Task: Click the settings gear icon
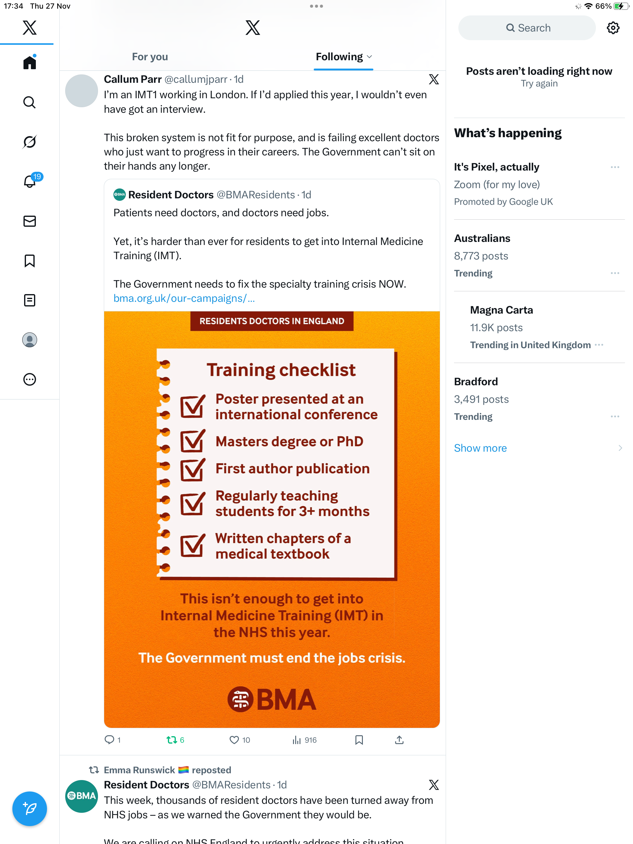click(x=613, y=28)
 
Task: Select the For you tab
click(x=150, y=57)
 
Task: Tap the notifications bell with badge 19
click(x=30, y=181)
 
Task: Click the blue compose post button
click(x=29, y=808)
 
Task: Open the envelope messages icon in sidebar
click(x=29, y=221)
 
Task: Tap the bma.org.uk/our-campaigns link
click(x=184, y=298)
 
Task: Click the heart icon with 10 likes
click(x=234, y=740)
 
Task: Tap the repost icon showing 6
click(x=172, y=740)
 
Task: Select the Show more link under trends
click(x=480, y=448)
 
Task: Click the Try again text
click(x=539, y=83)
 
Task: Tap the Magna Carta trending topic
click(x=501, y=310)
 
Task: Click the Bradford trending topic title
click(x=476, y=382)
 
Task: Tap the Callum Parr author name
click(x=133, y=79)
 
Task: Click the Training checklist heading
click(x=281, y=370)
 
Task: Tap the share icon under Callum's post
click(x=399, y=740)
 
